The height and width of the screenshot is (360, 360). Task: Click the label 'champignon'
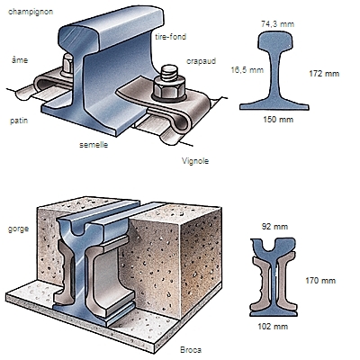tap(31, 12)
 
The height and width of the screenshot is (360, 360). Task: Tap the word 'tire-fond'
tap(171, 37)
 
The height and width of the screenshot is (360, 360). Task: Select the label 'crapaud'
tap(201, 61)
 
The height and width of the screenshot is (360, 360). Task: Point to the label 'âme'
tap(20, 60)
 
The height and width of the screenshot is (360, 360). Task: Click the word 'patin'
tap(19, 121)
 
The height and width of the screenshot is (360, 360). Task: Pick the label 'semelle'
tap(94, 145)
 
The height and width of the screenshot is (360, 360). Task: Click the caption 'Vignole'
tap(195, 161)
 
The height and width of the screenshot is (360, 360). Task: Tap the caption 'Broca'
tap(191, 350)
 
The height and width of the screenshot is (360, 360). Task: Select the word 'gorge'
tap(18, 229)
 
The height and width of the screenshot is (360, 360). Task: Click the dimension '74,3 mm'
tap(277, 24)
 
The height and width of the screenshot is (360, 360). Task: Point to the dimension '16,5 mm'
tap(247, 70)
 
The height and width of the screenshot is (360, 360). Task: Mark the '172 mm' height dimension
tap(324, 74)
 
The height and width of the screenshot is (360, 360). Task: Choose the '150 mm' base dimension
tap(278, 120)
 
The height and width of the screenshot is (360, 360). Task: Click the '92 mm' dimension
tap(274, 227)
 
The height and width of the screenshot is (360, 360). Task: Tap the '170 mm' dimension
tap(320, 281)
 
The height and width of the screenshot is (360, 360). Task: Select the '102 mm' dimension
tap(273, 326)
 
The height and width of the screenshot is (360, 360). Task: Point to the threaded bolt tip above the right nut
tap(169, 72)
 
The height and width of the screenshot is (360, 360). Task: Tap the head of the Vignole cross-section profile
tap(276, 41)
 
